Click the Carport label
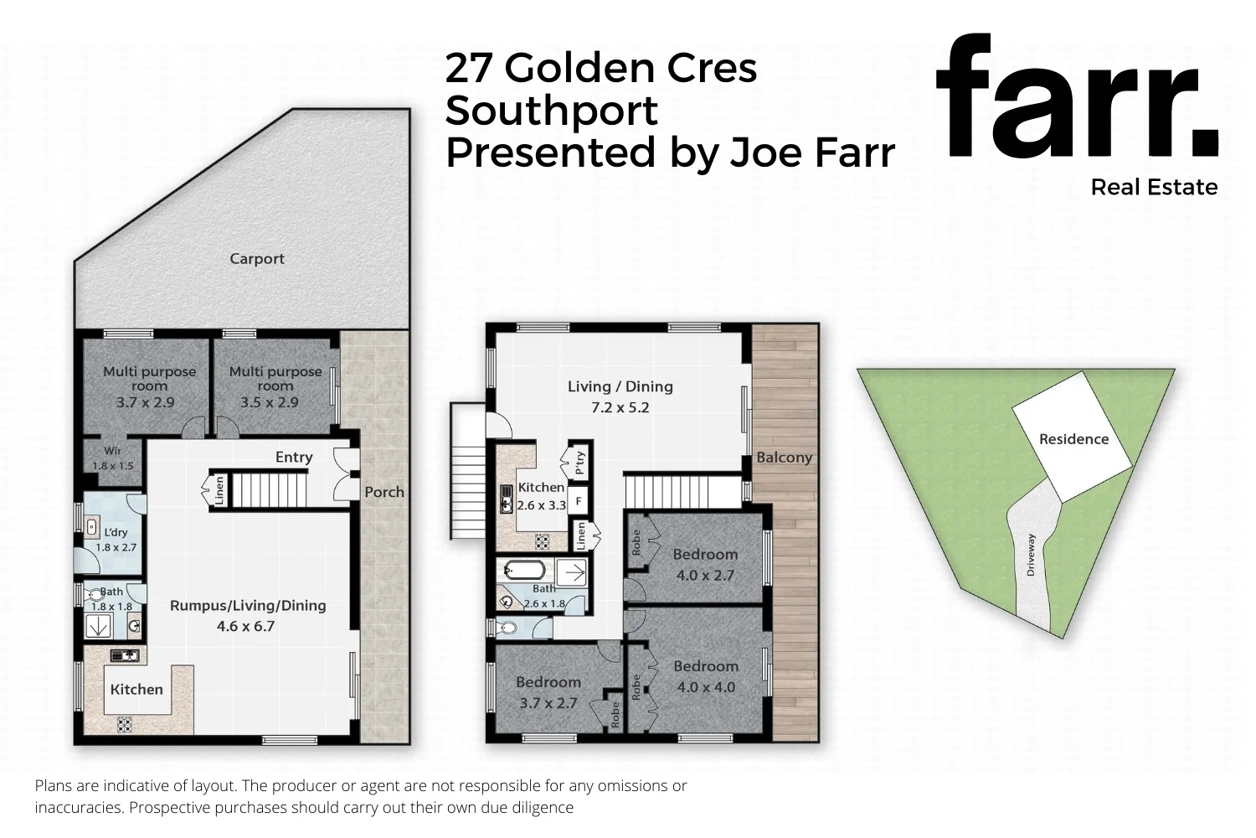point(257,259)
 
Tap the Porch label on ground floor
point(384,492)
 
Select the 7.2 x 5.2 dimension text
point(620,408)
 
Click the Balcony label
point(784,458)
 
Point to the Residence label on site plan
point(1073,439)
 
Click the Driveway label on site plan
point(1031,555)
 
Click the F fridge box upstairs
point(579,502)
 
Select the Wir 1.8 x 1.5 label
point(112,459)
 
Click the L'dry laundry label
point(116,532)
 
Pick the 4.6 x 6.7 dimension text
point(246,626)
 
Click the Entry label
point(294,457)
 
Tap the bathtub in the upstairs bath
point(525,572)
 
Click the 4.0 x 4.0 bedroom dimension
point(705,687)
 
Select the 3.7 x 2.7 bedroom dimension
point(548,703)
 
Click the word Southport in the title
point(552,111)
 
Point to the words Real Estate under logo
point(1154,187)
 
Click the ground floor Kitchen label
point(136,689)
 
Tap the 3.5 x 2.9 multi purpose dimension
point(269,402)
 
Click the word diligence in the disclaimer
point(541,808)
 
